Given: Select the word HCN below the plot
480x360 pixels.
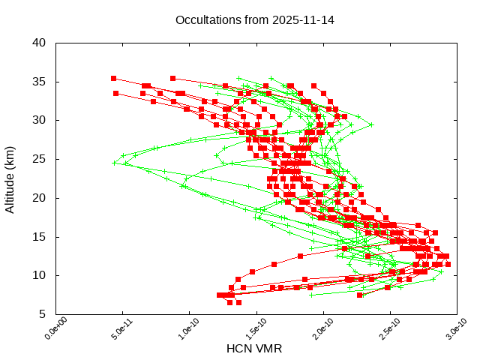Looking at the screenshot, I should (240, 349).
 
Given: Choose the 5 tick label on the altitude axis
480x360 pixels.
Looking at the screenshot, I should (43, 314).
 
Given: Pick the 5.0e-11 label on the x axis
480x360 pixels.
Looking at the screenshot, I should (114, 328).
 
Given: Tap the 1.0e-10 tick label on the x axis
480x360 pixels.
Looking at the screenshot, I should (181, 328).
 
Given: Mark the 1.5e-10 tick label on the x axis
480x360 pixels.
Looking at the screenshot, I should (248, 328).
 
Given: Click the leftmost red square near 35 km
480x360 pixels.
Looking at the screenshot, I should (113, 78).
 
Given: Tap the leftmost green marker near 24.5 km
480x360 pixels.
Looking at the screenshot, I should (115, 163).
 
